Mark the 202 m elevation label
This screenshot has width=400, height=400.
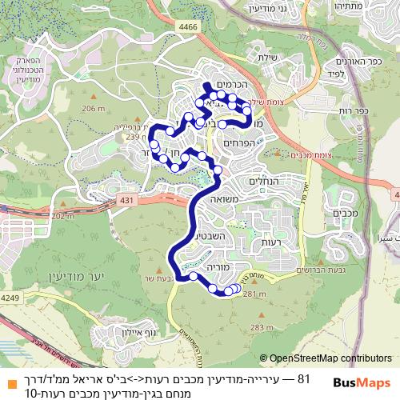click(61, 215)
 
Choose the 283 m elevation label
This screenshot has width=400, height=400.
click(262, 327)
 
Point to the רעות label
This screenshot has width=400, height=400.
click(262, 242)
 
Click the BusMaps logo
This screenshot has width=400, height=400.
click(357, 384)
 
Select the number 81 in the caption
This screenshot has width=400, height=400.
click(303, 378)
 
